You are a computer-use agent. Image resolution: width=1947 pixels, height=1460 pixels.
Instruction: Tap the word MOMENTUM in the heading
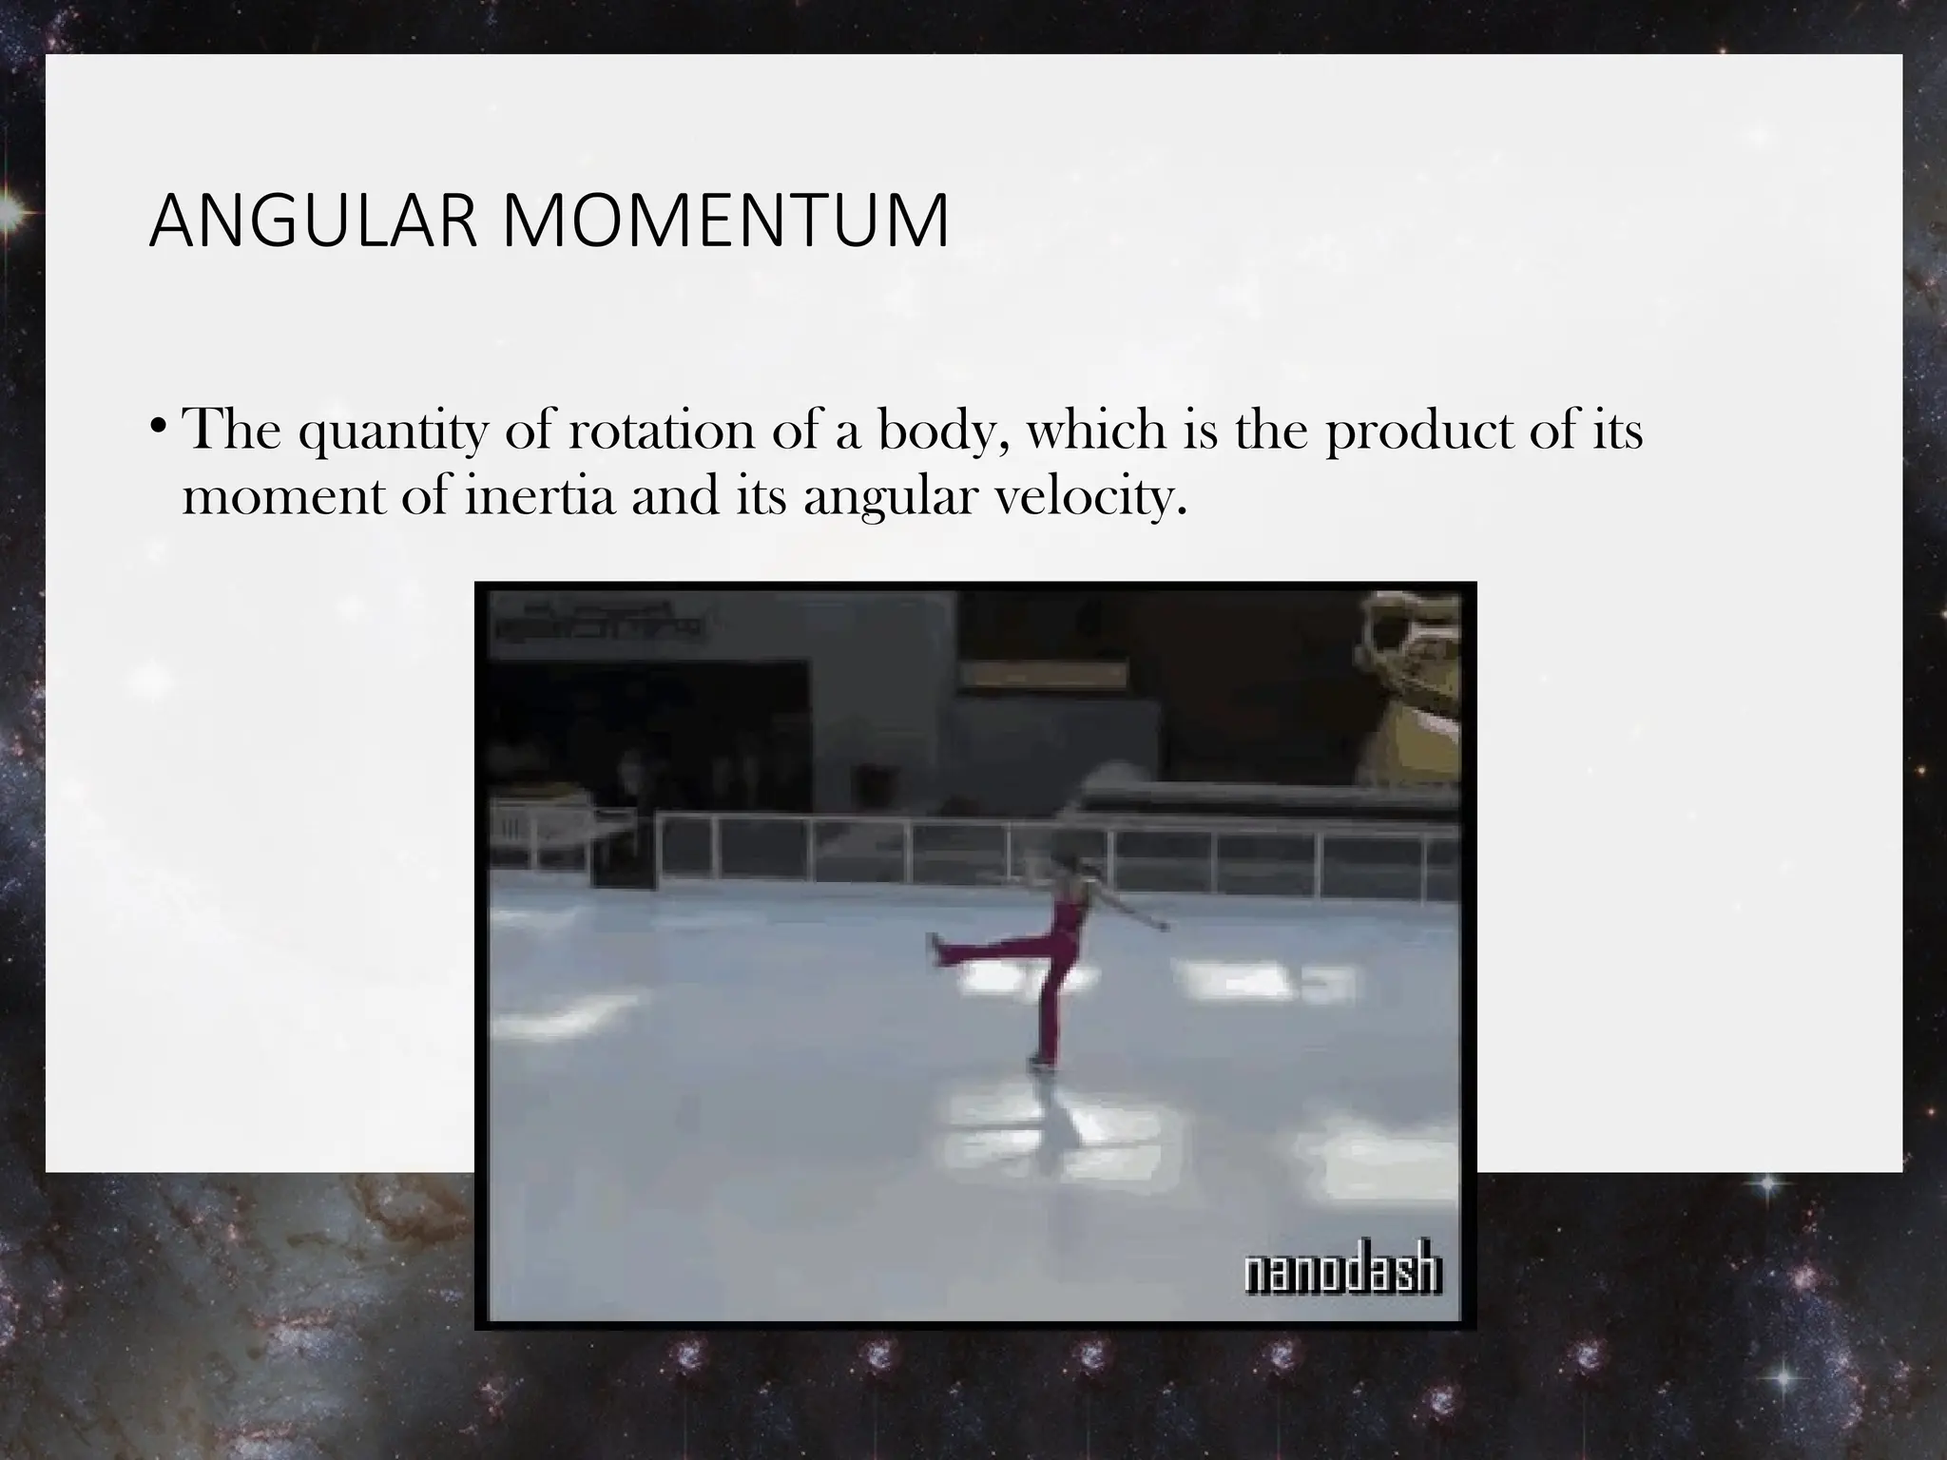click(x=724, y=221)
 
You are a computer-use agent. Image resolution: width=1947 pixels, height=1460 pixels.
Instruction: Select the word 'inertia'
click(x=540, y=497)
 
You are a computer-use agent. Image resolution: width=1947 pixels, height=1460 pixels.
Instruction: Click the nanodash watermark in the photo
click(x=1343, y=1274)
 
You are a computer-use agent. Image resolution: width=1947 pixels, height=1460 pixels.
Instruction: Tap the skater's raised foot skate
click(x=935, y=949)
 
